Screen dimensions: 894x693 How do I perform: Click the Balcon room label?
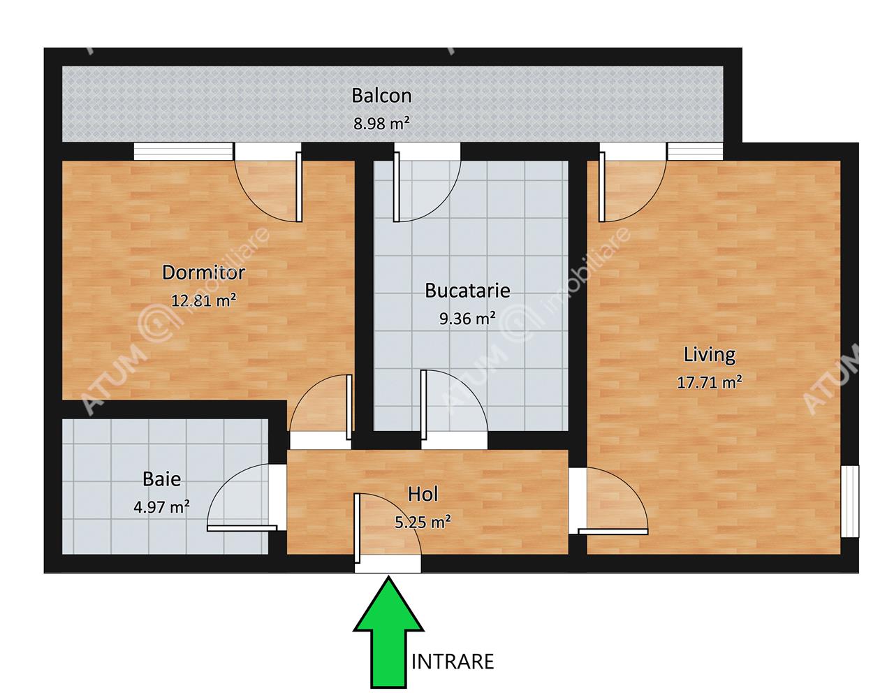pyautogui.click(x=381, y=96)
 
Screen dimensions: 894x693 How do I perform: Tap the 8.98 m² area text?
pyautogui.click(x=381, y=123)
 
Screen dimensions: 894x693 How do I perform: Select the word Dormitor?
pyautogui.click(x=204, y=272)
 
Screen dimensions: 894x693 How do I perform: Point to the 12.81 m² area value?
pyautogui.click(x=204, y=300)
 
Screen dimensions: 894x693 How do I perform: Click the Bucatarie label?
pyautogui.click(x=467, y=291)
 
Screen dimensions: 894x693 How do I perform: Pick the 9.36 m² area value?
pyautogui.click(x=467, y=318)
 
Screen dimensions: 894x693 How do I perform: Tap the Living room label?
pyautogui.click(x=710, y=355)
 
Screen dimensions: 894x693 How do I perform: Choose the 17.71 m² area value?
pyautogui.click(x=710, y=382)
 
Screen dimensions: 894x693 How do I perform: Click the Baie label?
pyautogui.click(x=161, y=479)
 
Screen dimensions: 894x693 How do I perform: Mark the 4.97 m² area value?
pyautogui.click(x=161, y=506)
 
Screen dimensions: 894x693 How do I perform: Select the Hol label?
pyautogui.click(x=423, y=494)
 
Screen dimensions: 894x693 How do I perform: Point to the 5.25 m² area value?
pyautogui.click(x=423, y=522)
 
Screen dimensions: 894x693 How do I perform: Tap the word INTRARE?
pyautogui.click(x=453, y=662)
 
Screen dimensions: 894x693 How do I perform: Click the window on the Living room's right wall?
pyautogui.click(x=850, y=501)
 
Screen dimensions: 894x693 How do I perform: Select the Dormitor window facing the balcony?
pyautogui.click(x=184, y=152)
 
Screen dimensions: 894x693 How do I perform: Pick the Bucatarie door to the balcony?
pyautogui.click(x=427, y=182)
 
